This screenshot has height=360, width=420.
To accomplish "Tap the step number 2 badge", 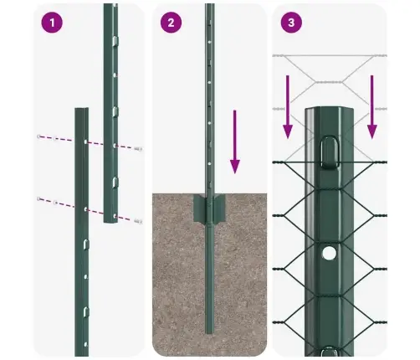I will pos(171,23).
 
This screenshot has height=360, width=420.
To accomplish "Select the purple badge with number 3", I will pos(289,23).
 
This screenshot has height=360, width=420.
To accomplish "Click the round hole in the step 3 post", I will pos(330,251).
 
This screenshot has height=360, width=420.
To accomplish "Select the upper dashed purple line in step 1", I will pos(84,141).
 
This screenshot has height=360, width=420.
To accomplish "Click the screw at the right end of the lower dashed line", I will pos(137,220).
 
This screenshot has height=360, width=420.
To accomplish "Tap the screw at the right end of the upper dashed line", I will pos(137,150).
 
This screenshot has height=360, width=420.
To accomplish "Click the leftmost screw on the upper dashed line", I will pos(38,136).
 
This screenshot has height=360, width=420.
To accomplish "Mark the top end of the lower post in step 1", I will pos(81,110).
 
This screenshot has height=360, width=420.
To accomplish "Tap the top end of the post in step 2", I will pos(209,7).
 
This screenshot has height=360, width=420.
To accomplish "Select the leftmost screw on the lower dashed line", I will pos(38,199).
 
